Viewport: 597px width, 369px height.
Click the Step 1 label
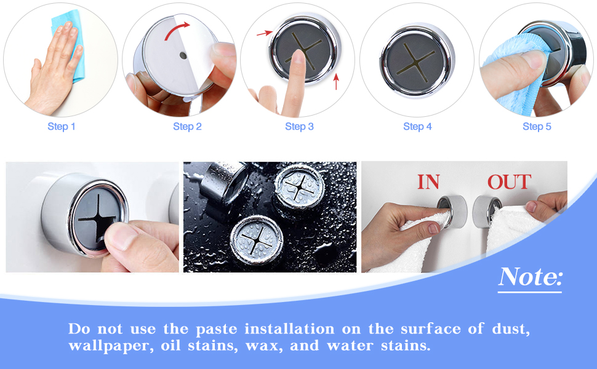(x=62, y=127)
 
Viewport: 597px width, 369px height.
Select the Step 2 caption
(x=187, y=127)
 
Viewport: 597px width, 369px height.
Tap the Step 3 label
(x=299, y=127)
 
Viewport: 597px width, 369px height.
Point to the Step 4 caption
(x=417, y=127)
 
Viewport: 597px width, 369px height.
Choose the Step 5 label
(x=537, y=127)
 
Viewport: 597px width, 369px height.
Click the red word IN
(x=428, y=182)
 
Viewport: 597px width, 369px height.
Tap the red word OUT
(x=509, y=182)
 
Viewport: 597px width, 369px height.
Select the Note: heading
(x=530, y=277)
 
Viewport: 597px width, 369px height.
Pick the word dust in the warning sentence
(x=510, y=328)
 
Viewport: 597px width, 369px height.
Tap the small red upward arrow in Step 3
(x=337, y=82)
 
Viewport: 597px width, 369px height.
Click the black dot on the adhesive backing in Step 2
(x=183, y=56)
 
